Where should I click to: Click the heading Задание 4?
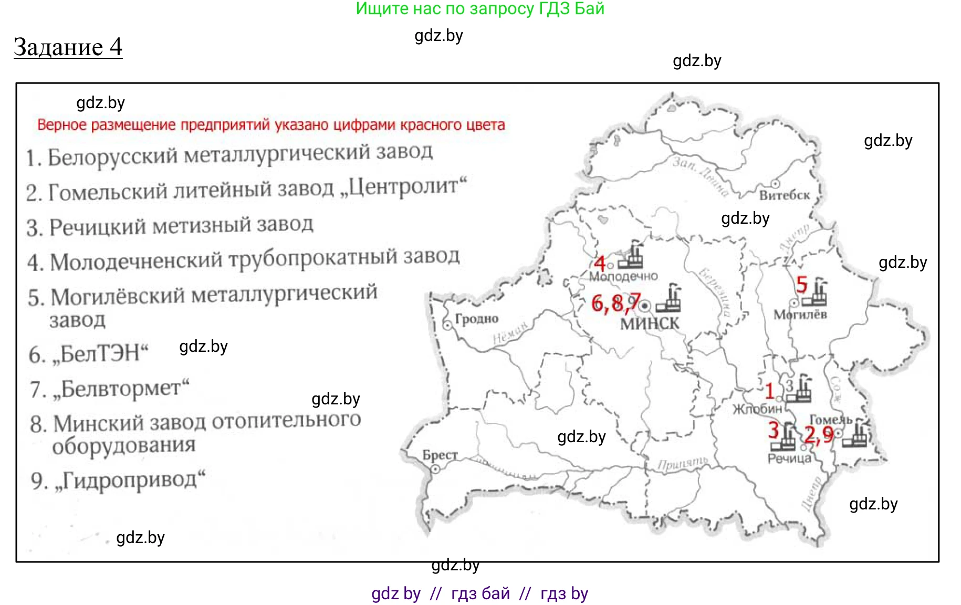coord(68,47)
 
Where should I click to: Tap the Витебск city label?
coord(785,195)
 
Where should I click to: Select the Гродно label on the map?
coord(476,319)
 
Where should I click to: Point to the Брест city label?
coord(440,455)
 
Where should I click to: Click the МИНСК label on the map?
coord(650,324)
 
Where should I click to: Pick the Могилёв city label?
coord(800,315)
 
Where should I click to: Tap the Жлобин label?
coord(757,409)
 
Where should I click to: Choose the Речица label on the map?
coord(789,458)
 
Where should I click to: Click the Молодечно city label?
coord(623,276)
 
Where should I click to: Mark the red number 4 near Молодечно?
coord(599,263)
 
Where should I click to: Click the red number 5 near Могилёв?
coord(801,285)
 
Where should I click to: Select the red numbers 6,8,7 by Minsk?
coord(615,303)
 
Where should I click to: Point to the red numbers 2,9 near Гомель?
coord(819,434)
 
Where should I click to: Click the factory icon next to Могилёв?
coord(818,292)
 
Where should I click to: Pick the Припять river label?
coord(682,463)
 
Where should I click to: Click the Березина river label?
coord(715,291)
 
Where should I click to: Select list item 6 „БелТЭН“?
coord(89,353)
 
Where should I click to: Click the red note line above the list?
coord(271,125)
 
